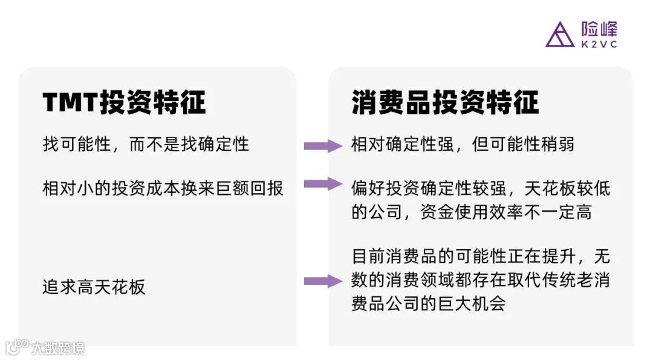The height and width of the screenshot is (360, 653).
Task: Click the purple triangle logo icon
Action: (559, 34)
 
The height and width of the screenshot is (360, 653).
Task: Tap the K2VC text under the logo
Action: (599, 45)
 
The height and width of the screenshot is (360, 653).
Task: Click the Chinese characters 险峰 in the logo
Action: (599, 29)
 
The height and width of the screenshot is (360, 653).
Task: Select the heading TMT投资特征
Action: (124, 102)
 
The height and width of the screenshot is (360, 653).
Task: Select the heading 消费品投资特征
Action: (444, 102)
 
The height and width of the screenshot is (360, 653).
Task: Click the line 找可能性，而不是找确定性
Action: (146, 145)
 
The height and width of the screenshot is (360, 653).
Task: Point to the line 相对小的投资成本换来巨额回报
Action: (163, 188)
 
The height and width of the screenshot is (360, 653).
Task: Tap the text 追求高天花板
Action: (94, 287)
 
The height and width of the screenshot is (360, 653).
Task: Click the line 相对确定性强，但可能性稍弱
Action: (463, 145)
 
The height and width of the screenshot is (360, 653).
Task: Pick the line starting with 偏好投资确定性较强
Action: (481, 188)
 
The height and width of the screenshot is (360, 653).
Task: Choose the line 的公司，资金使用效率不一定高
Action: (472, 212)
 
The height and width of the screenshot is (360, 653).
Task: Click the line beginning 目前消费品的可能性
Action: (481, 257)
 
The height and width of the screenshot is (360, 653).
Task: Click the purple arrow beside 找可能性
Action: (322, 145)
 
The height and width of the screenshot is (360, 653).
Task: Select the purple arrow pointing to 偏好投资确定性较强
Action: (322, 184)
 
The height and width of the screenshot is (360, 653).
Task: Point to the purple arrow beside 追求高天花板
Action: (322, 281)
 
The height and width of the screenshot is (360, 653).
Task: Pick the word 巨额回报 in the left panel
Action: (249, 188)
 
